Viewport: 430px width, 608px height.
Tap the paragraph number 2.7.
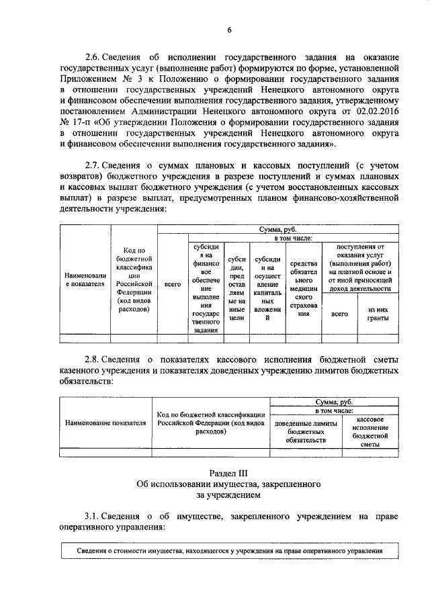pos(93,165)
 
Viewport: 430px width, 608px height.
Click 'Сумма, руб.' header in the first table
pos(278,230)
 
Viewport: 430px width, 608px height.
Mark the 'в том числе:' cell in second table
pos(335,409)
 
